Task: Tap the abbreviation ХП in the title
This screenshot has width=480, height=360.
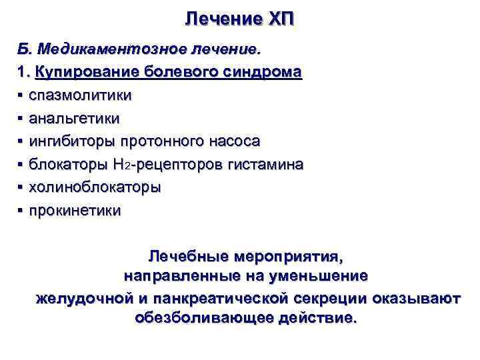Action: click(279, 19)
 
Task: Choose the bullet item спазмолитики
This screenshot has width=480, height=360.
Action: click(80, 95)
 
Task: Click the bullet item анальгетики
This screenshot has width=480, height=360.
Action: click(74, 119)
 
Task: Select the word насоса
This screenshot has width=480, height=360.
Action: click(233, 142)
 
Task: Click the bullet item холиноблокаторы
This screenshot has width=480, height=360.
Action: click(94, 188)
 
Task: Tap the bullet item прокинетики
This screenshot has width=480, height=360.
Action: click(75, 211)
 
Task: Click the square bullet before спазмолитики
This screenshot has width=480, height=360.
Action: click(21, 96)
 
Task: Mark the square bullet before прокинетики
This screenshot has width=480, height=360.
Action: click(21, 212)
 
